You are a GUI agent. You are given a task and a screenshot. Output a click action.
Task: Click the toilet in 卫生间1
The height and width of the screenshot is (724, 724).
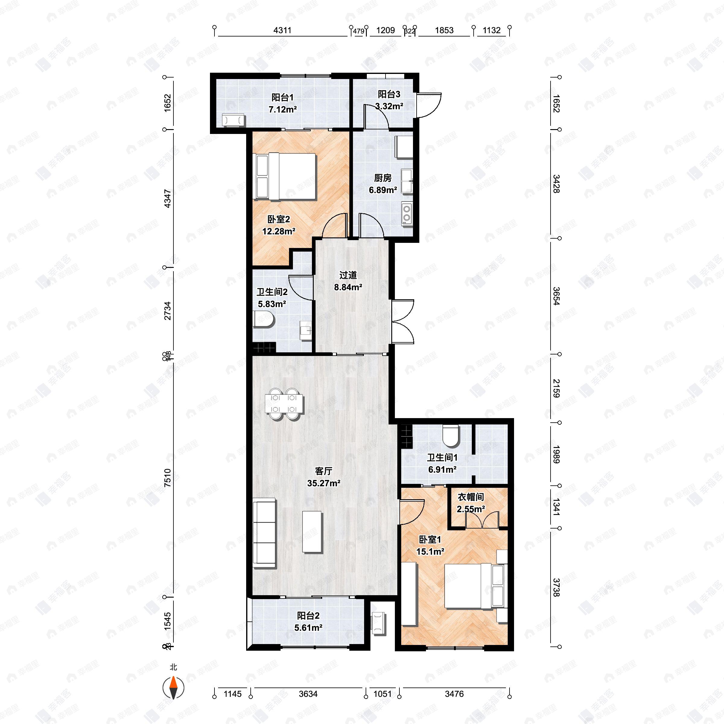[x=450, y=435]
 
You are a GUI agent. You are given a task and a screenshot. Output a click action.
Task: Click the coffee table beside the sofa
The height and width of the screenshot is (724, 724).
[x=313, y=532]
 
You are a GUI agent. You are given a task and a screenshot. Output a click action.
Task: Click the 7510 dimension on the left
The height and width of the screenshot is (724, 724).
[x=167, y=478]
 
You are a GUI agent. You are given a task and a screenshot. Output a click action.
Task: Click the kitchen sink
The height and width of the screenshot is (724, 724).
[x=407, y=181]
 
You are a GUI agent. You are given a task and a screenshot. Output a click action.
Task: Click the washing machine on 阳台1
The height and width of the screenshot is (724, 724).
[x=233, y=120]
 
